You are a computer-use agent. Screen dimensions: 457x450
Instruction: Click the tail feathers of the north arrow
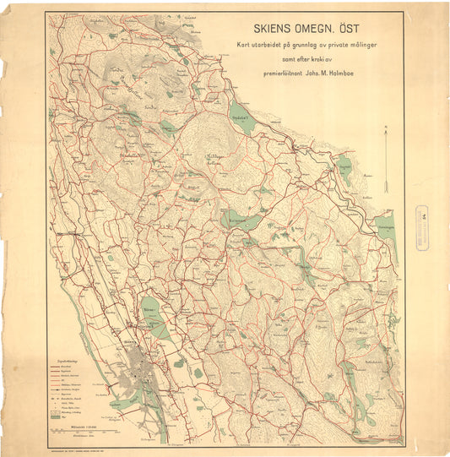tap(385, 187)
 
